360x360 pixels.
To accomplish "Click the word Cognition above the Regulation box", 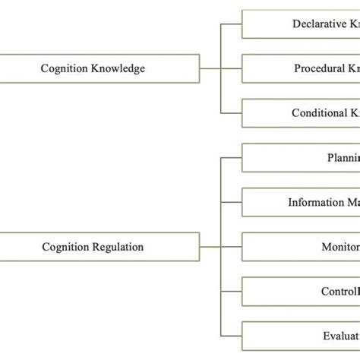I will (x=64, y=68).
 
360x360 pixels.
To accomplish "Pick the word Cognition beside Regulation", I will (x=65, y=247).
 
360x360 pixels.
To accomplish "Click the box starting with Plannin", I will (x=301, y=158).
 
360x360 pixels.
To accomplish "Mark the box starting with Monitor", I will (x=301, y=247).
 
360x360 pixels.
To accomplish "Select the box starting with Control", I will (x=301, y=292).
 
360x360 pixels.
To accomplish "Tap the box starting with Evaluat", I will (x=301, y=336).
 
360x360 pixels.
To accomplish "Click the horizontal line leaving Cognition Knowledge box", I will (x=210, y=68).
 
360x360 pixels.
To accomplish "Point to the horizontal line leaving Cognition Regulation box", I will (x=210, y=247).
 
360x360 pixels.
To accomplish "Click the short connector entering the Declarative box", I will (x=231, y=24).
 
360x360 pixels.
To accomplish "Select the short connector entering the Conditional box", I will (x=231, y=113).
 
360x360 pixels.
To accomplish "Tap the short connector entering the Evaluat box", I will (x=231, y=336).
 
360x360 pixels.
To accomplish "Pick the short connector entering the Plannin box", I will (x=231, y=158).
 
